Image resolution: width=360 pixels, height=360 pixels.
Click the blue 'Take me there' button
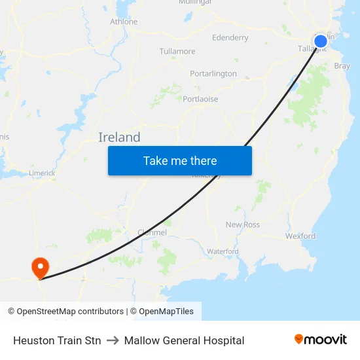pyautogui.click(x=180, y=160)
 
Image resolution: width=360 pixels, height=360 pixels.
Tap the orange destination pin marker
pyautogui.click(x=40, y=266)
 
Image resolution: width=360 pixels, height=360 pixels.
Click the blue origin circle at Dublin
pyautogui.click(x=320, y=42)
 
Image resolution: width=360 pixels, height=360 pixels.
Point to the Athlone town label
pyautogui.click(x=124, y=22)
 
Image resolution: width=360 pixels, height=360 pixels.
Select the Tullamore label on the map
pyautogui.click(x=177, y=51)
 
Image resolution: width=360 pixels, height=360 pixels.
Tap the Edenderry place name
pyautogui.click(x=230, y=38)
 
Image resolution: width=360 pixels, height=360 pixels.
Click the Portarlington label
pyautogui.click(x=213, y=74)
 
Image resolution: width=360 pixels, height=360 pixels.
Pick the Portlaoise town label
pyautogui.click(x=200, y=99)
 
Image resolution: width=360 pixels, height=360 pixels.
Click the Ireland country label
pyautogui.click(x=119, y=137)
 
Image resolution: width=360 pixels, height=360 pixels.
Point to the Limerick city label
pyautogui.click(x=42, y=173)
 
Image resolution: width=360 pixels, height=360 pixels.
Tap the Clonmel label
pyautogui.click(x=153, y=232)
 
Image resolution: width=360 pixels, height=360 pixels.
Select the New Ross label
pyautogui.click(x=243, y=225)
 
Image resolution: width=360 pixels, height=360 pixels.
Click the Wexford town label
pyautogui.click(x=300, y=236)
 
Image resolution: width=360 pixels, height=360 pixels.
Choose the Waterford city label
pyautogui.click(x=223, y=251)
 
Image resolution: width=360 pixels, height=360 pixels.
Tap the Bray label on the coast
pyautogui.click(x=342, y=66)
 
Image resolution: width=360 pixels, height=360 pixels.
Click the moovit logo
pyautogui.click(x=321, y=340)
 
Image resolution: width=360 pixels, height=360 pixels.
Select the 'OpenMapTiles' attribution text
pyautogui.click(x=166, y=312)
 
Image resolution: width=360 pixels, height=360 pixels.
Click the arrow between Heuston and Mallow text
pyautogui.click(x=113, y=340)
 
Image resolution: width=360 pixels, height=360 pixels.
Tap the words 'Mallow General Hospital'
pyautogui.click(x=184, y=340)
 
